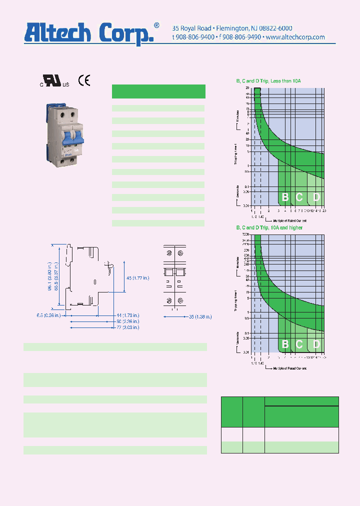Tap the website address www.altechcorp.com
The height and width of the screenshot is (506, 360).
[x=295, y=37]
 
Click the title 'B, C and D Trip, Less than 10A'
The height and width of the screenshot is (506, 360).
[x=268, y=81]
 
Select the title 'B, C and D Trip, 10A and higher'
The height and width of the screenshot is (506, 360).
[x=269, y=227]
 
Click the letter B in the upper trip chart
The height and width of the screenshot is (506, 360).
[x=285, y=197]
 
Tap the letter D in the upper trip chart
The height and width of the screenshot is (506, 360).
[x=316, y=197]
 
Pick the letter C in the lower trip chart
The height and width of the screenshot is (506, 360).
[x=299, y=344]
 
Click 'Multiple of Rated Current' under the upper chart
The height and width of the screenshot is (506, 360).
[x=290, y=220]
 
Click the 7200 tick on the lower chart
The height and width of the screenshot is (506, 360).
[x=246, y=234]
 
